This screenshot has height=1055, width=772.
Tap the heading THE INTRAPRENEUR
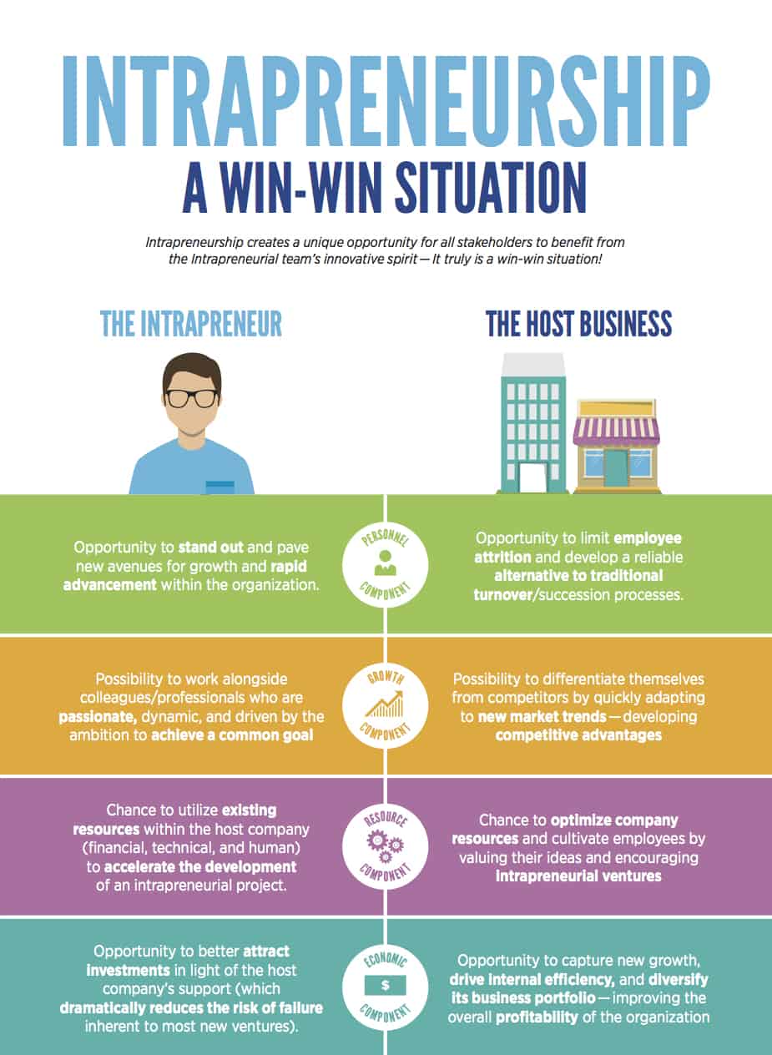191,324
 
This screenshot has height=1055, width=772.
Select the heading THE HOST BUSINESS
579,324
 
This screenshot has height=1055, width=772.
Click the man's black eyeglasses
191,397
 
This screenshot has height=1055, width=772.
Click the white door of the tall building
532,477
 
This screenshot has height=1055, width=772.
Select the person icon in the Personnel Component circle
386,563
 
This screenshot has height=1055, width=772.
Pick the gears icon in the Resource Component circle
385,845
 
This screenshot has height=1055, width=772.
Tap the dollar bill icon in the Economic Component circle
385,985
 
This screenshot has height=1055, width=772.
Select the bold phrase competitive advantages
578,734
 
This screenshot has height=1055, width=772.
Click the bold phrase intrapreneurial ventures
578,876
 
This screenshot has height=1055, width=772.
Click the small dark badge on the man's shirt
220,484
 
